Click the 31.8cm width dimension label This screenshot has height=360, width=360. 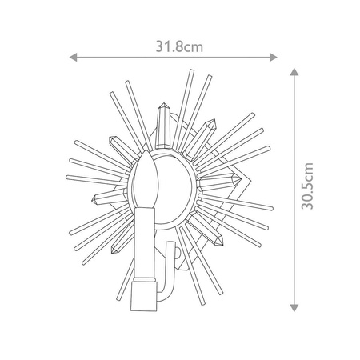point(179,47)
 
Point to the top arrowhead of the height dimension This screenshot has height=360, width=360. point(295,71)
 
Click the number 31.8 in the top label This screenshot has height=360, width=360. point(170,47)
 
